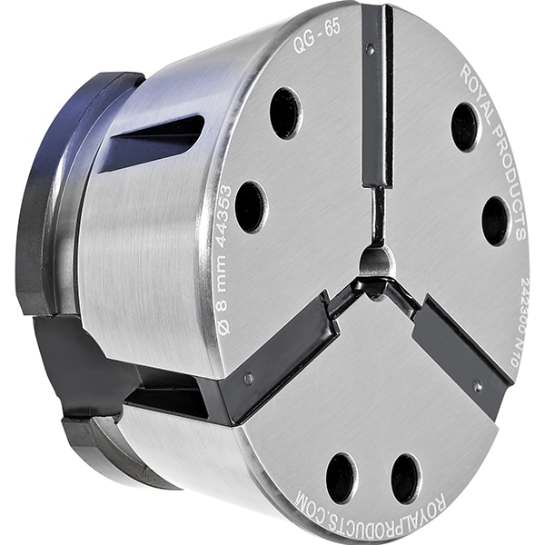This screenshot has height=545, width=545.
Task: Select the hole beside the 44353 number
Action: tap(251, 207)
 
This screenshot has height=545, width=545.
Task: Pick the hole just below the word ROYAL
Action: tap(465, 126)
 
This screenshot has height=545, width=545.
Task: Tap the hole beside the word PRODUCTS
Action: tap(495, 220)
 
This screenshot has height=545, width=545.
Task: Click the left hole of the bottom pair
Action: tap(342, 478)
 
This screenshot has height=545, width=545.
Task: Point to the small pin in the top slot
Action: tap(370, 50)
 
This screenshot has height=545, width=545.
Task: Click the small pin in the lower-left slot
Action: tap(248, 376)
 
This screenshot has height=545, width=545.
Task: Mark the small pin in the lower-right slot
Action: tap(478, 386)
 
